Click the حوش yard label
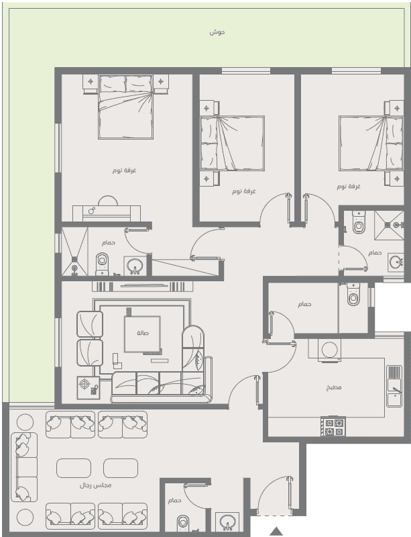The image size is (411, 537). coord(217,32)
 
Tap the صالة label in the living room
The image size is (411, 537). coord(143,333)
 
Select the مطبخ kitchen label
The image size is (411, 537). coord(334,388)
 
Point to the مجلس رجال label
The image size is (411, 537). coord(95,485)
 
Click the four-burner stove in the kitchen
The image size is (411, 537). coord(333,427)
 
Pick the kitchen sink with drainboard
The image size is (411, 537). coord(394,387)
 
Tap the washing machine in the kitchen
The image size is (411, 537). coord(329,350)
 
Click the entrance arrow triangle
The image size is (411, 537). coord(276,531)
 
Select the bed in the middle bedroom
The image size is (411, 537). coord(233,143)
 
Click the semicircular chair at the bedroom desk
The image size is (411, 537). coord(108,201)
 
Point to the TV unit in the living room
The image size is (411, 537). coord(142,287)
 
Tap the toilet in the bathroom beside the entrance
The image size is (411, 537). coord(183,524)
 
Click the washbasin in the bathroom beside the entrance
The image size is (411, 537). coord(227,522)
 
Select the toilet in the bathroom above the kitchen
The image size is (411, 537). coord(353,294)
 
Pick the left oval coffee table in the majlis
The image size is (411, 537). coord(74,468)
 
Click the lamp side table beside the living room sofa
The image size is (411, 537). coord(89,388)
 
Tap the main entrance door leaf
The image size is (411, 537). coord(290,494)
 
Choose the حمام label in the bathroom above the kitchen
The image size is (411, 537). coord(304,304)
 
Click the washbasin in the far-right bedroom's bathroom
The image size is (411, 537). coord(396,262)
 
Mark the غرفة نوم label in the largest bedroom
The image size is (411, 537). coord(124,170)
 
